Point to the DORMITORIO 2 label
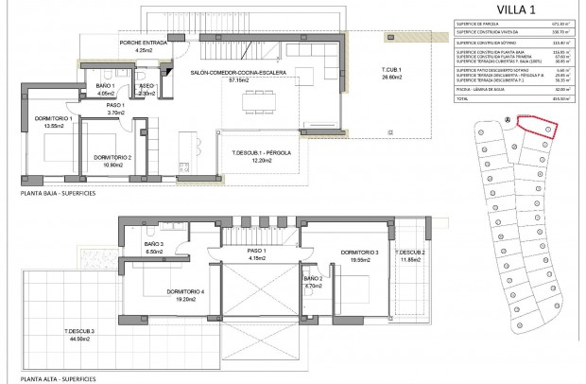112,157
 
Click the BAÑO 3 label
155,244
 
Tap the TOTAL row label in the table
465,97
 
